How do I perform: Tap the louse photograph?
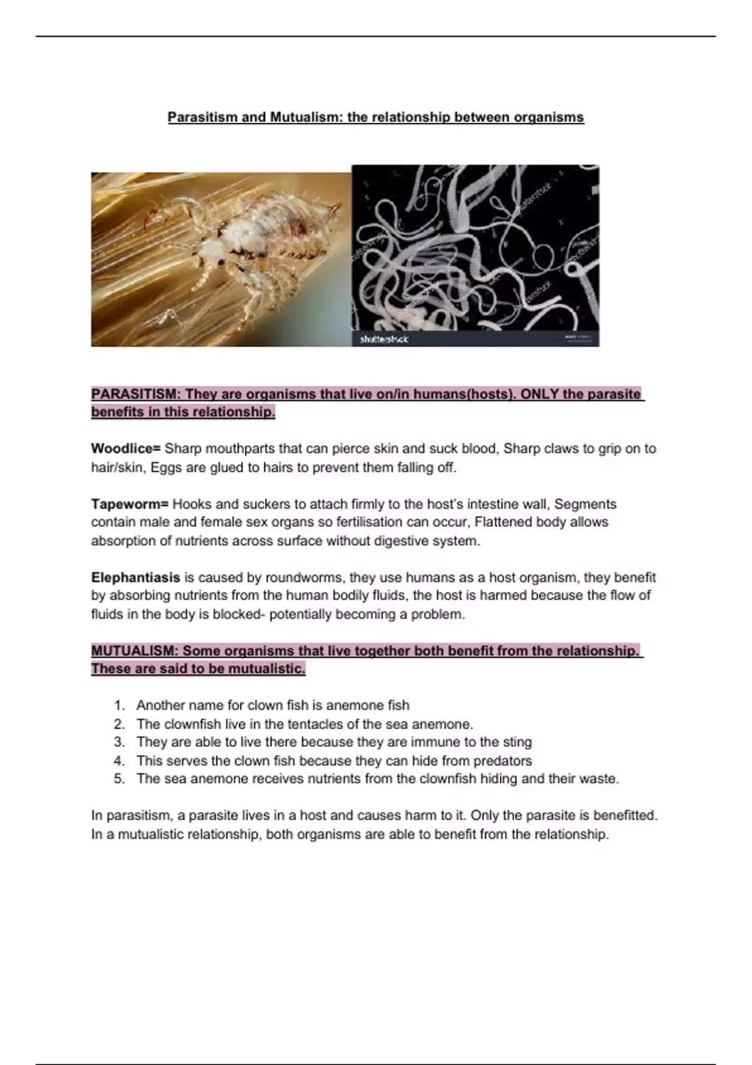coord(221,259)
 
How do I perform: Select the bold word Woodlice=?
coord(126,449)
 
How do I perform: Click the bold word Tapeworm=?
coord(130,504)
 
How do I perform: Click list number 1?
coord(119,705)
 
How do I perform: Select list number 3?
coord(119,742)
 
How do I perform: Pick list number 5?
coord(119,779)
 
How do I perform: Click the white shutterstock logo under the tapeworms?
coord(384,339)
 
